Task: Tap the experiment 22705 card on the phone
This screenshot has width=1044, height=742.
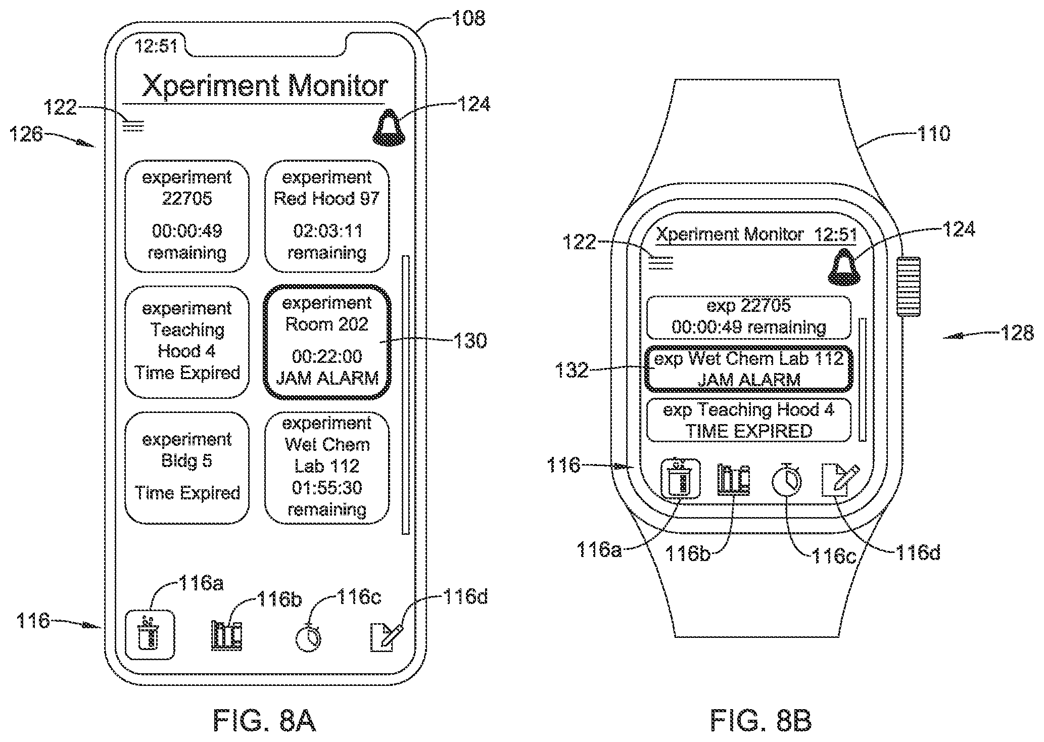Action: tap(187, 216)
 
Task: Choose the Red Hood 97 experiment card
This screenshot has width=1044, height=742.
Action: tap(327, 216)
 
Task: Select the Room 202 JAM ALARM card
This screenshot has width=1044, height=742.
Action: tap(327, 342)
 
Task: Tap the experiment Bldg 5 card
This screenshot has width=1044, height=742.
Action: tap(187, 468)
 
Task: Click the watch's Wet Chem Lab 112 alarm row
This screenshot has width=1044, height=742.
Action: tap(749, 369)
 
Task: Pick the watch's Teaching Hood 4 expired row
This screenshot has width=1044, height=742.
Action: tap(749, 421)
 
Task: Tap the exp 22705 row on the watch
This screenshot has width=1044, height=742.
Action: tap(749, 317)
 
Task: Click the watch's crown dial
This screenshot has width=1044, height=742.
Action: tap(909, 287)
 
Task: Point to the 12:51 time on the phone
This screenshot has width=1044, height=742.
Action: tap(156, 47)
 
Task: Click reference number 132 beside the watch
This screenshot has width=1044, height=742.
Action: tap(572, 370)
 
